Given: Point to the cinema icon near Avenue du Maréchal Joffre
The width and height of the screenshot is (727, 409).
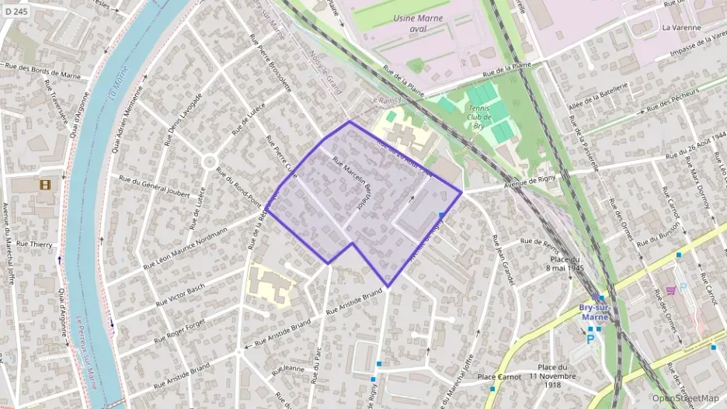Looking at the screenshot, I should pyautogui.click(x=44, y=185).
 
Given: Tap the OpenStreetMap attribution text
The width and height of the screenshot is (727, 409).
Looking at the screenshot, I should pyautogui.click(x=686, y=398).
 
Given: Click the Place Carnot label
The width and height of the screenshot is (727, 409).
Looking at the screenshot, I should pyautogui.click(x=498, y=376).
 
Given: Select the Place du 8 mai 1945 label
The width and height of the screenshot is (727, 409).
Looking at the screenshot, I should pyautogui.click(x=566, y=263).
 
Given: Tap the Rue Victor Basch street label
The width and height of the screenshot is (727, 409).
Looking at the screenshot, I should pyautogui.click(x=179, y=294).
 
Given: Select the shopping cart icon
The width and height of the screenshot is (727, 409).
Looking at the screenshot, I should pyautogui.click(x=670, y=290).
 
